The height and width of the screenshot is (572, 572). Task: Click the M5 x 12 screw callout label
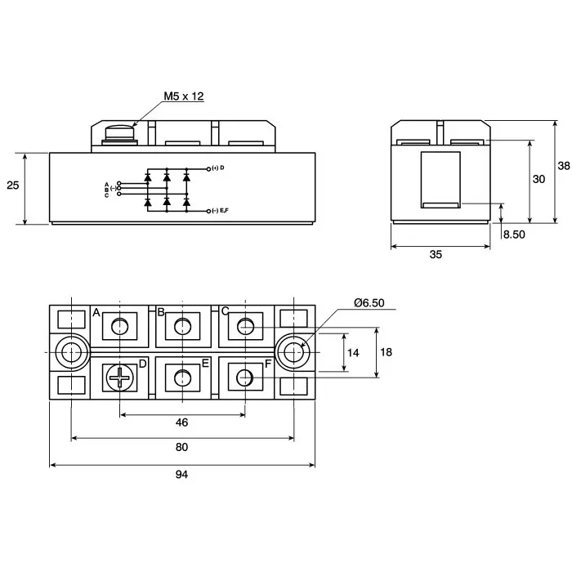pos(183,96)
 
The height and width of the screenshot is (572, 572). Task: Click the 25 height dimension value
pos(12,185)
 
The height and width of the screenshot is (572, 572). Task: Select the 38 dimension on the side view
pos(564,165)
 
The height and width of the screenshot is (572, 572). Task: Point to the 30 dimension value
pos(538,179)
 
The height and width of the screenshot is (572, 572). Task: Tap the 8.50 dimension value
pos(514,235)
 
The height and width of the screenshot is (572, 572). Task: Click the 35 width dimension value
pos(436,255)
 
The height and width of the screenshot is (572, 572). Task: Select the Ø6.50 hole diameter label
pos(369,303)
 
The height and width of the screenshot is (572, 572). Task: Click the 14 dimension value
pos(353,353)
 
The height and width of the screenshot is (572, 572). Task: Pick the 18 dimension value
pos(387,352)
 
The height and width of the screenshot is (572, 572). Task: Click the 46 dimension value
pos(181,422)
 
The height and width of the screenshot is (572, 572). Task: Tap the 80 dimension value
pos(181,447)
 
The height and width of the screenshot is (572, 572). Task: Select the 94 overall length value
pos(181,475)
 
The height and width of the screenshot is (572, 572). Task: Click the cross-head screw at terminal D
pos(120,377)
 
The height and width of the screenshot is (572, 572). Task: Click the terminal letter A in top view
pos(96,313)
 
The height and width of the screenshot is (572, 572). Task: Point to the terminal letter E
pos(205,363)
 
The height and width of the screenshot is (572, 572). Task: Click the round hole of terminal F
pos(244,377)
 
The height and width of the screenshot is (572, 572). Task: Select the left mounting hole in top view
pos(72,352)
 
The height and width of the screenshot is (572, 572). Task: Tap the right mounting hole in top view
pos(293,352)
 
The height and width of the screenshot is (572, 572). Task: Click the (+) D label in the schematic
pos(217,168)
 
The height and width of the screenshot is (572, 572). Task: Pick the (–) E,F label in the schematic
pos(219,211)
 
